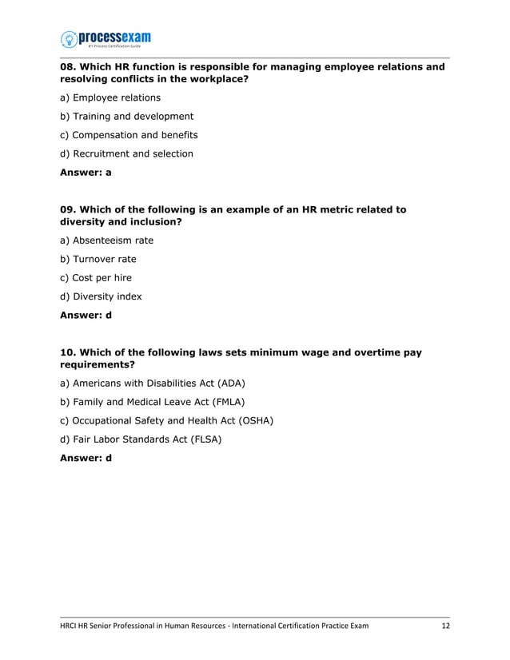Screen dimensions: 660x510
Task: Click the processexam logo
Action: click(x=106, y=39)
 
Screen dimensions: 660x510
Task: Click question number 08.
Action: click(x=69, y=67)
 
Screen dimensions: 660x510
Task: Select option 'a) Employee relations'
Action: click(x=110, y=97)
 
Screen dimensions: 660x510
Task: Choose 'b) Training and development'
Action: click(x=126, y=117)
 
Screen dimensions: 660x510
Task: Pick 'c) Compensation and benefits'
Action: click(x=129, y=135)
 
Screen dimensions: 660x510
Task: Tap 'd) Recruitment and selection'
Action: click(x=126, y=153)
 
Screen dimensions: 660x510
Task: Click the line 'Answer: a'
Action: click(x=86, y=173)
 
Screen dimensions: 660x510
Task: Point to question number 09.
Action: click(x=69, y=210)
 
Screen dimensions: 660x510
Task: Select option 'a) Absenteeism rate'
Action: click(x=106, y=241)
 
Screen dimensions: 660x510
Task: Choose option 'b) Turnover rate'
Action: click(x=98, y=259)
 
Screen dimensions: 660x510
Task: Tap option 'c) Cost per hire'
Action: click(x=96, y=277)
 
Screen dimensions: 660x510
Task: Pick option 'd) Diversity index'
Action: click(x=101, y=296)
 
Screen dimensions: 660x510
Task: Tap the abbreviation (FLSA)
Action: click(x=203, y=439)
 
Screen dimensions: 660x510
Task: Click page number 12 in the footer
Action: click(x=445, y=626)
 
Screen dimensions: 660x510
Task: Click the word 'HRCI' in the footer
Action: click(x=71, y=626)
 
